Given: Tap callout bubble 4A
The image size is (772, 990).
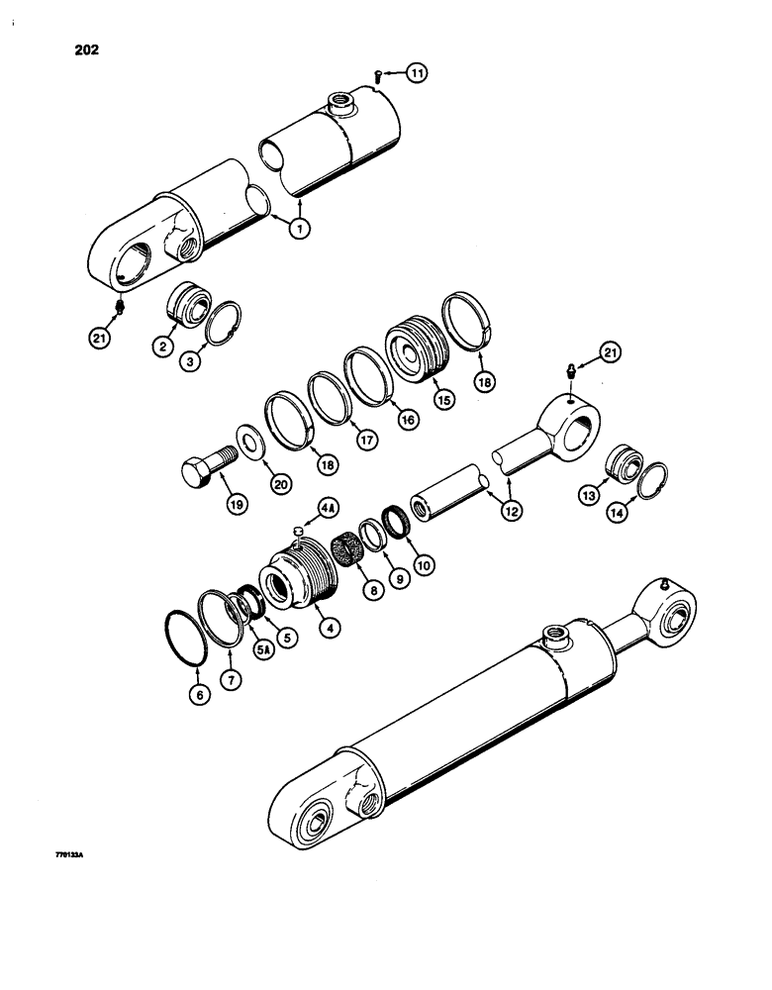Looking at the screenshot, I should point(328,510).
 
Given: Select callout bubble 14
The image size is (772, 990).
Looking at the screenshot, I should point(649,512).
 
